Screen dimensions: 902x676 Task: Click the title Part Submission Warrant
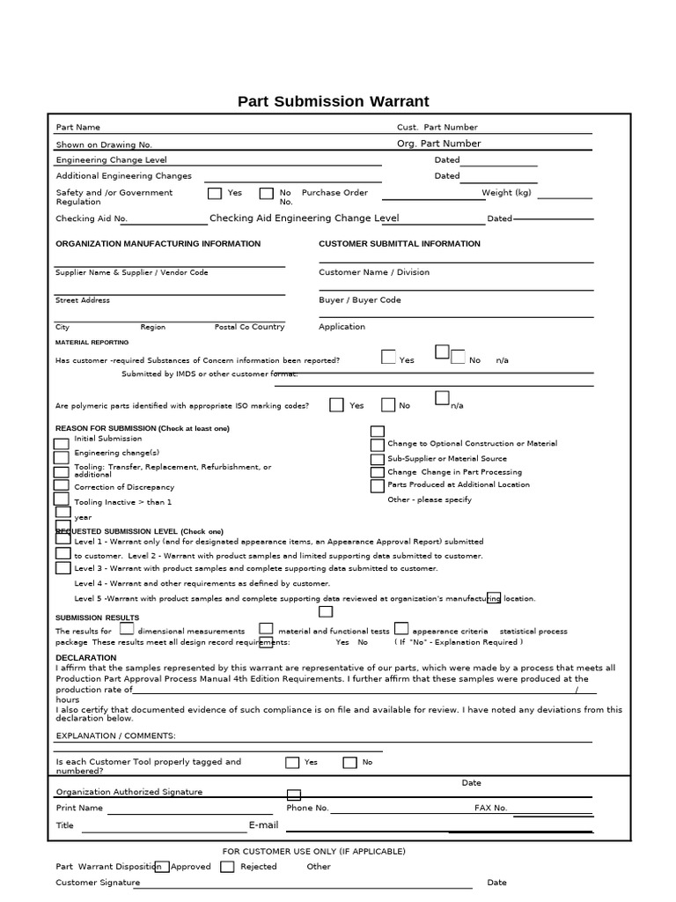[x=333, y=101]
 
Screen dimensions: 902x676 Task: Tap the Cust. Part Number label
[x=437, y=128]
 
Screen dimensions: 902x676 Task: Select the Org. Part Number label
[x=438, y=144]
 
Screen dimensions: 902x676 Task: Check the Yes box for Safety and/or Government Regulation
[x=215, y=194]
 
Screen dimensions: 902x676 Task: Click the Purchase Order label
[x=334, y=193]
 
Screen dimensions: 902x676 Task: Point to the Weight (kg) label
[x=506, y=193]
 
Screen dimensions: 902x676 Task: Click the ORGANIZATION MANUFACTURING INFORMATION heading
[x=158, y=244]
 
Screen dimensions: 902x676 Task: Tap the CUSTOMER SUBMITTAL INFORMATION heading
[x=399, y=244]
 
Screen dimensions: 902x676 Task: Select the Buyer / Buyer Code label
[x=359, y=300]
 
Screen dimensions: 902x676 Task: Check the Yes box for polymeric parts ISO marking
[x=336, y=405]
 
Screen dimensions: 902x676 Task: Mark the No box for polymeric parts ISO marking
[x=388, y=405]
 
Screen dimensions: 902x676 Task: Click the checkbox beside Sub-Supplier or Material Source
[x=377, y=459]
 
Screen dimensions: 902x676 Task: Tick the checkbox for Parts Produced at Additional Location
[x=377, y=485]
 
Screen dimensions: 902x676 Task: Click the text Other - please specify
[x=429, y=499]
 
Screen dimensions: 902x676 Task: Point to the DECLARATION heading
[x=85, y=658]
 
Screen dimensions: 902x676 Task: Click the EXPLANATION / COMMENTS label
[x=115, y=736]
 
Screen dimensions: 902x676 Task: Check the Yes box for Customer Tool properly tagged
[x=292, y=763]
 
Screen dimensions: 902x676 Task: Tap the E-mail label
[x=263, y=825]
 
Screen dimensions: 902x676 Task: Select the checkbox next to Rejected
[x=227, y=867]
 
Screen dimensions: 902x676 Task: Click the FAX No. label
[x=490, y=808]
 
